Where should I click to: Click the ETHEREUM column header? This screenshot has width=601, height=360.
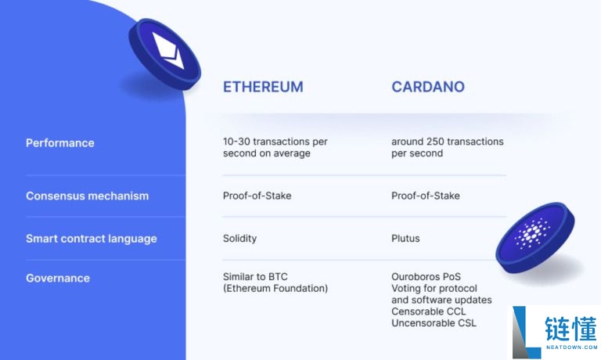point(263,87)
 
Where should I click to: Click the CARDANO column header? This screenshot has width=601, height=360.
point(427,87)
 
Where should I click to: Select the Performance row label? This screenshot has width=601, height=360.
point(60,143)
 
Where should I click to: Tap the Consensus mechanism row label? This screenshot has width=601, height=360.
point(87,196)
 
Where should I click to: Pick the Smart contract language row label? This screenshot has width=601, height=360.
point(92,239)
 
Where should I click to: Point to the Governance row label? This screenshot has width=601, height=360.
point(58,278)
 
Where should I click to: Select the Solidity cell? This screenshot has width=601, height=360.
point(239,238)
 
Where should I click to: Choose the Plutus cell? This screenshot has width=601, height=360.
point(406,238)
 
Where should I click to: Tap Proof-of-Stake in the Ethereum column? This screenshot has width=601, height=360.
point(257,196)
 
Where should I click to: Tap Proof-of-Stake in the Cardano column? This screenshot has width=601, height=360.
point(426,196)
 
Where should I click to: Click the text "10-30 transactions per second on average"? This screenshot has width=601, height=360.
point(275,147)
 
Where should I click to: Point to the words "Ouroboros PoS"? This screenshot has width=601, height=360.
point(426,277)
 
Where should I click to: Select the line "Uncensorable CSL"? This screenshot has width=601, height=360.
point(434,323)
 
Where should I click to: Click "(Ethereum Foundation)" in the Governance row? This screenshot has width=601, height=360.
point(275,289)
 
